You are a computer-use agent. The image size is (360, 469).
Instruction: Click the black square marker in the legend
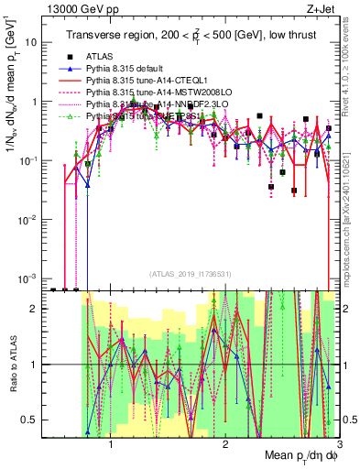tap(66, 56)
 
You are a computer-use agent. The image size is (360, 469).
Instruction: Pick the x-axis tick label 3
tap(339, 443)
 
